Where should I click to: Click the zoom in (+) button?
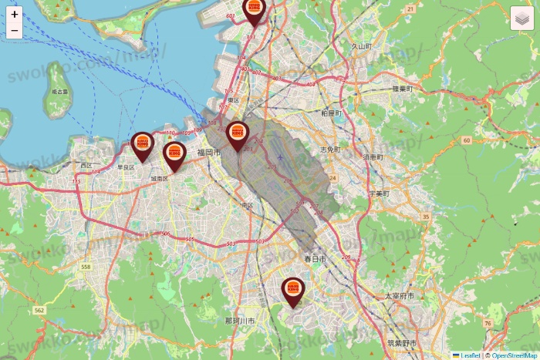pos(15,14)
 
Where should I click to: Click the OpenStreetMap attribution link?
pos(515,355)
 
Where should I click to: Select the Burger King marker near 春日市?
pos(292,289)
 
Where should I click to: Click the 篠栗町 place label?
pos(403,89)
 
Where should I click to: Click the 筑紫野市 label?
pos(402,341)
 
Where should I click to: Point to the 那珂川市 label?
pos(240,320)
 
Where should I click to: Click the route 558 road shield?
pos(86,267)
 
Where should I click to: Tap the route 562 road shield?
pos(38,310)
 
